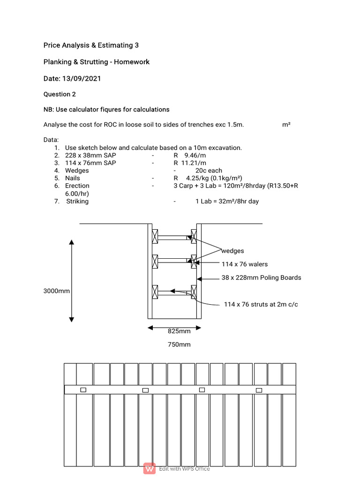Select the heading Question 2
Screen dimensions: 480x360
[x=60, y=94]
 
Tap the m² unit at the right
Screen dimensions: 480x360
[x=286, y=125]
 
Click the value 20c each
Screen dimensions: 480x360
[x=209, y=171]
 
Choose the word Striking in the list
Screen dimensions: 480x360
[x=77, y=201]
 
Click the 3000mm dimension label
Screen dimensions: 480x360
[x=57, y=291]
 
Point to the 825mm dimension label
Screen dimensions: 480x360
[x=179, y=331]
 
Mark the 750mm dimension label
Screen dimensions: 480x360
[x=179, y=345]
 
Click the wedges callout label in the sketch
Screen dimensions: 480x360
[x=232, y=251]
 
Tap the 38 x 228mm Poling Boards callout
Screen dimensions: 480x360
[x=261, y=277]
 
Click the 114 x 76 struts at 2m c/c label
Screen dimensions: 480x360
[x=261, y=304]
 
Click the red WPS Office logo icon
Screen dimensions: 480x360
[x=150, y=468]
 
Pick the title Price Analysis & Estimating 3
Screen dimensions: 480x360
[x=91, y=45]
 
